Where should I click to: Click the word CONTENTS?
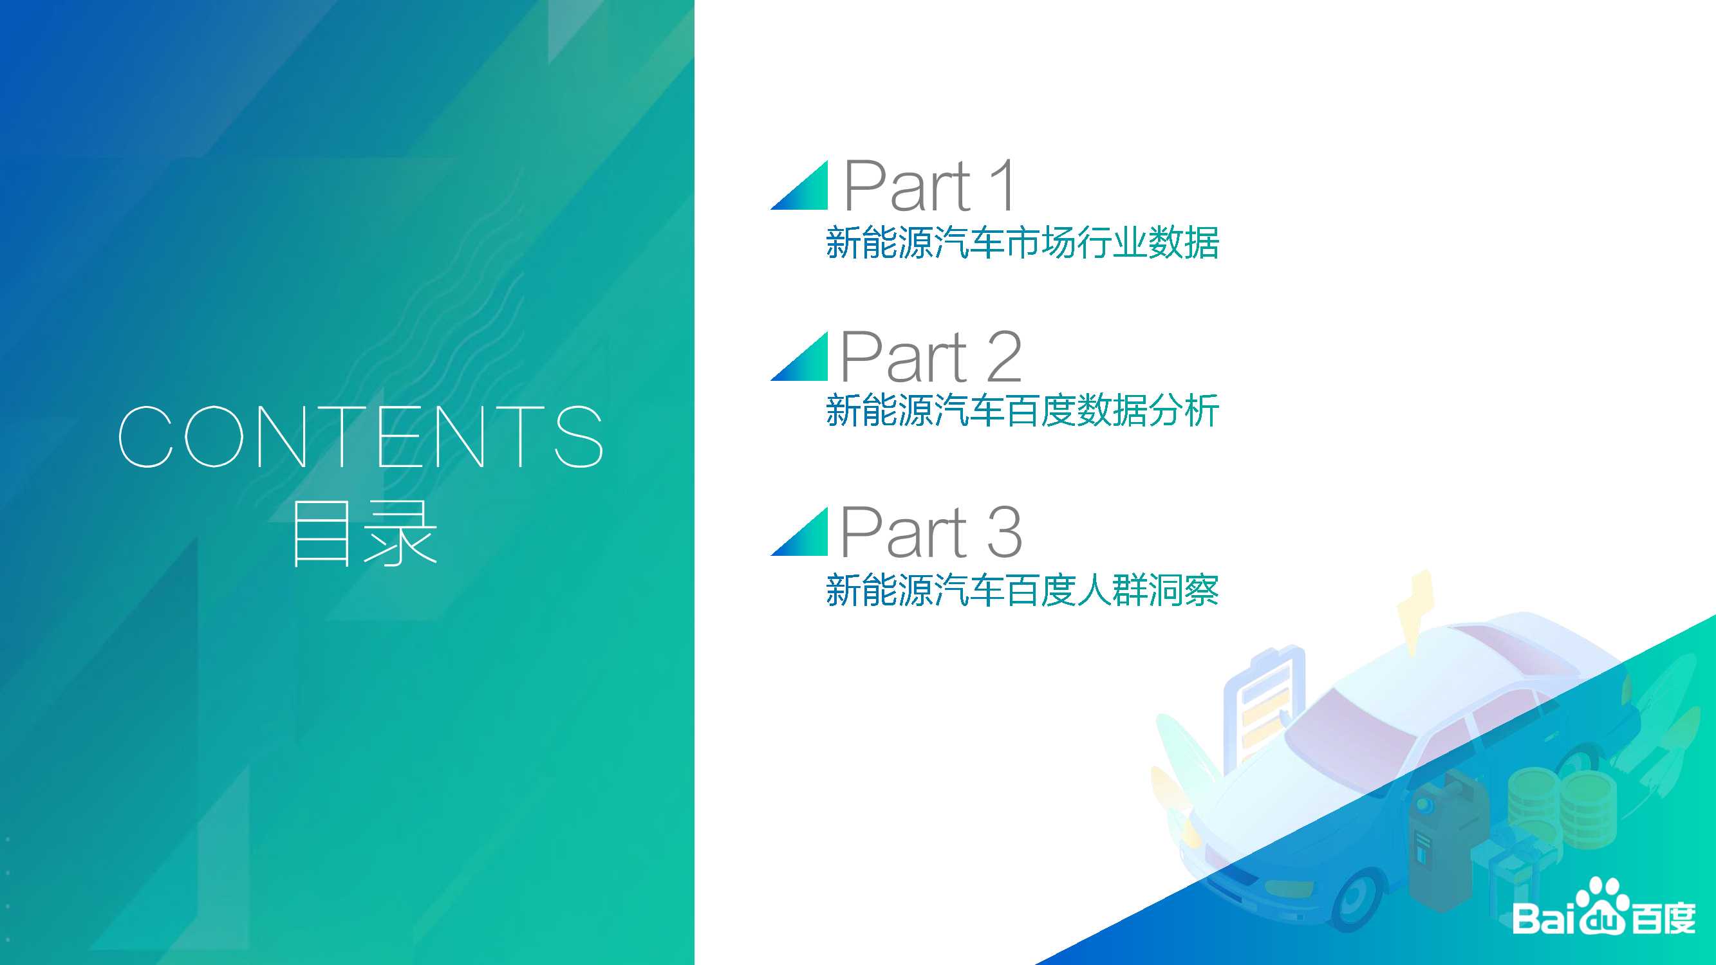tap(360, 436)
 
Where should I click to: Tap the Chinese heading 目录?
tap(364, 534)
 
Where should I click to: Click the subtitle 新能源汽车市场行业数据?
tap(1023, 242)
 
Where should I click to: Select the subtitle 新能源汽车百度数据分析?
tap(1023, 410)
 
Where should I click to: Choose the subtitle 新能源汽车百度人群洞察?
tap(1023, 590)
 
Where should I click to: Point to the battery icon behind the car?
tap(1264, 706)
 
